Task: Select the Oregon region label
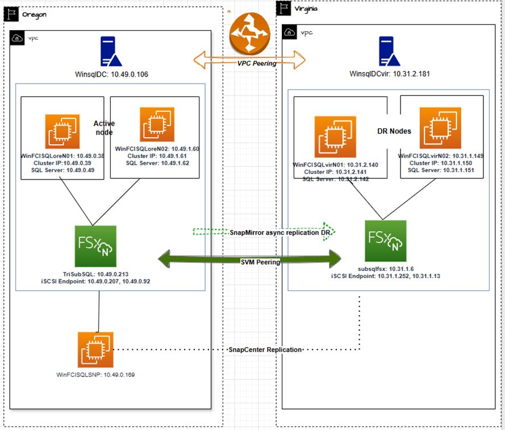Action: pyautogui.click(x=35, y=14)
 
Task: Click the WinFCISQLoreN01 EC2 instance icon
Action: pyautogui.click(x=63, y=131)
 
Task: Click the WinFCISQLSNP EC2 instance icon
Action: pyautogui.click(x=95, y=349)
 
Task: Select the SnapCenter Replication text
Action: pyautogui.click(x=265, y=349)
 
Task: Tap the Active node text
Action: pyautogui.click(x=104, y=128)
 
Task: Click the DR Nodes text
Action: pyautogui.click(x=394, y=131)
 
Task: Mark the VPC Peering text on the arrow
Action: pyautogui.click(x=257, y=63)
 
